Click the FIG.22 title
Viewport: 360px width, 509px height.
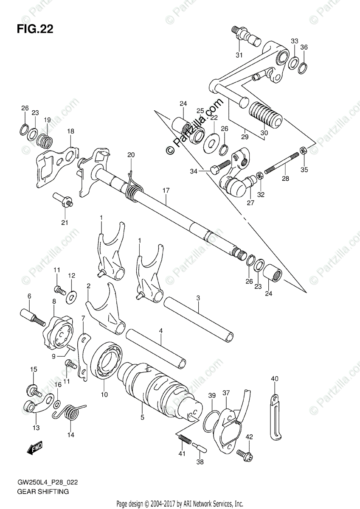point(34,30)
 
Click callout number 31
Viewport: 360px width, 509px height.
point(239,55)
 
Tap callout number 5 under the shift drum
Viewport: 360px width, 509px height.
point(142,417)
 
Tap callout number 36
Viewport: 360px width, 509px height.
point(304,48)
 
